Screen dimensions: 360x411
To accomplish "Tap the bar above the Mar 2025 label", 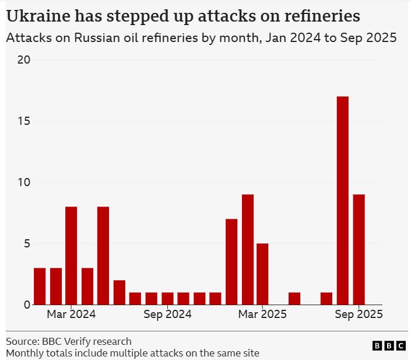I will [262, 274].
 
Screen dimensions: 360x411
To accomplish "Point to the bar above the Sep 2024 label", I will [167, 298].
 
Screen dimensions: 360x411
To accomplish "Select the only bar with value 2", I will [119, 292].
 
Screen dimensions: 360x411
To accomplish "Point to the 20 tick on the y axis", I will [23, 60].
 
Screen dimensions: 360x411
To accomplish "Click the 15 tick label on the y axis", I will [23, 121].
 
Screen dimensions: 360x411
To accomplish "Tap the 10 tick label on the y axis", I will [23, 182].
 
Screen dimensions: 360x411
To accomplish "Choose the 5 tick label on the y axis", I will [26, 243].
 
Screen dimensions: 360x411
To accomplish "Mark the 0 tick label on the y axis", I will [26, 305].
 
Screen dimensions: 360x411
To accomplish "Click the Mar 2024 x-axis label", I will [71, 314].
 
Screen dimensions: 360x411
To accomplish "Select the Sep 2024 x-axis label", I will [167, 314].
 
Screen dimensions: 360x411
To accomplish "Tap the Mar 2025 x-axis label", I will [262, 314].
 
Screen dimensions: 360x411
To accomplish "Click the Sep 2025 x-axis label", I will [359, 314].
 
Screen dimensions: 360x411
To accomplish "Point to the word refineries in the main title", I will [317, 16].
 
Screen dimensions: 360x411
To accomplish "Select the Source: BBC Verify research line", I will [69, 341].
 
